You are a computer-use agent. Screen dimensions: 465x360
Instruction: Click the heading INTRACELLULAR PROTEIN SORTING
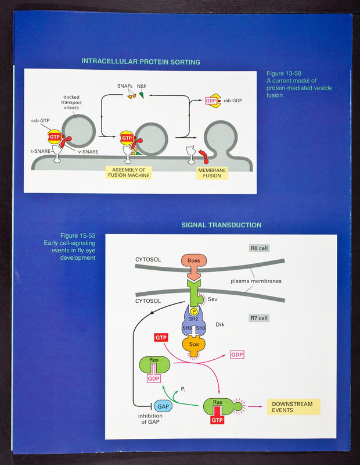click(141, 62)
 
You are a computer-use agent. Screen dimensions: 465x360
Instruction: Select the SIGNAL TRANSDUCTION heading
click(221, 225)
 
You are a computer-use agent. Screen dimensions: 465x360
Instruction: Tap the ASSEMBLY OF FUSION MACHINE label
click(128, 172)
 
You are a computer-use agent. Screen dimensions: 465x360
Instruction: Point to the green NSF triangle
click(141, 95)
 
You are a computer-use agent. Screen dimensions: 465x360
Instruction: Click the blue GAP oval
click(163, 406)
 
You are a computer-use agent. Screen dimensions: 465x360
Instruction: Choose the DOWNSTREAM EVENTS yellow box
click(293, 406)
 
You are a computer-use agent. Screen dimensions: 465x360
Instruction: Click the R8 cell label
click(258, 248)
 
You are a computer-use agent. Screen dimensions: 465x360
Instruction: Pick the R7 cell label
click(258, 319)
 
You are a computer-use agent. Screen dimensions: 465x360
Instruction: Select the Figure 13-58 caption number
click(282, 74)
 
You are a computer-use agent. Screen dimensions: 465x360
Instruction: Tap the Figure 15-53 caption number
click(75, 235)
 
